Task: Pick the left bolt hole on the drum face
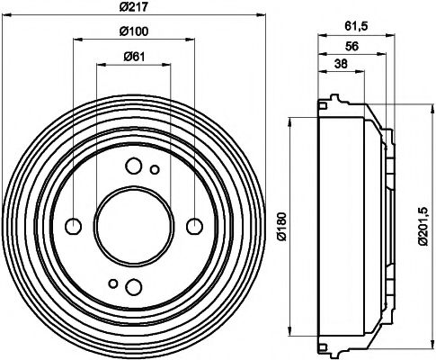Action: [74, 225]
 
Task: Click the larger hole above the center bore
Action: [133, 166]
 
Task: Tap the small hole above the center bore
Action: [154, 169]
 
